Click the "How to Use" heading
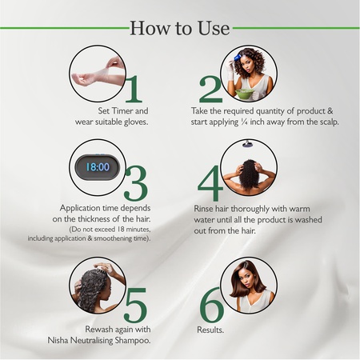click(179, 29)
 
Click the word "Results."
click(210, 329)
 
